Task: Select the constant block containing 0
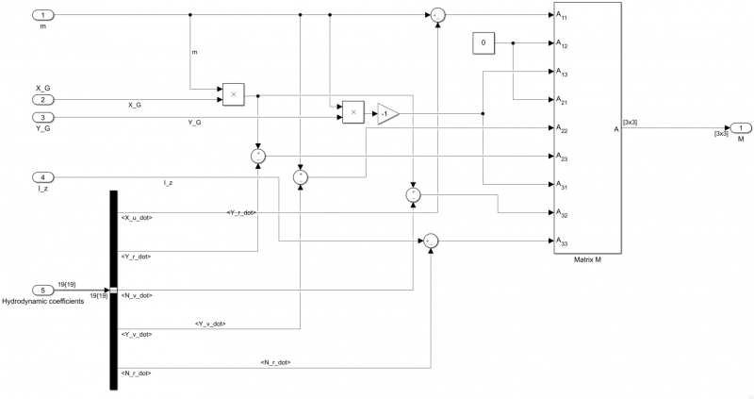tap(484, 43)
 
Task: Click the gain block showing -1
tap(387, 113)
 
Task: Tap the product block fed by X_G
tap(233, 94)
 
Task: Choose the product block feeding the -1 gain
tap(353, 112)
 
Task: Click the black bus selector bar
tap(113, 290)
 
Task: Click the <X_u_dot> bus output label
tap(138, 218)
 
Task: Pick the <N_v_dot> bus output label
tap(138, 295)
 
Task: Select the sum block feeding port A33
tap(430, 241)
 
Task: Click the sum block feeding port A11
tap(438, 15)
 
